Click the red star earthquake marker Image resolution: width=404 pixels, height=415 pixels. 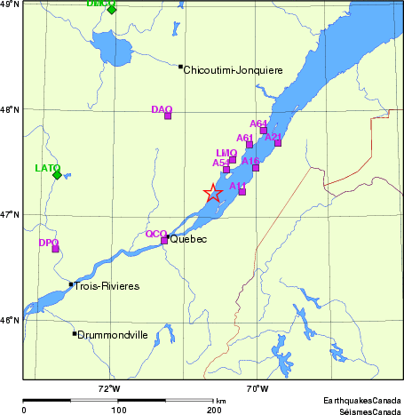point(213,194)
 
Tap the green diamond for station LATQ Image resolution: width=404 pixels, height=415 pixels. point(58,175)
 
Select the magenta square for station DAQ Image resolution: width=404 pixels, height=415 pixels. point(167,116)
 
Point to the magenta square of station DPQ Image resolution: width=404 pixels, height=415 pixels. point(55,249)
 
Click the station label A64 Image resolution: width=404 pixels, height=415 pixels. point(258,124)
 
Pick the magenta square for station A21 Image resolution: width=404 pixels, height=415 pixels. point(278,142)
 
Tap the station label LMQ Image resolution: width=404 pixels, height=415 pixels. point(226,153)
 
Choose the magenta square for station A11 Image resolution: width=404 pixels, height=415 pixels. point(242,192)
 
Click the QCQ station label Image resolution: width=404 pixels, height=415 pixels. point(155,234)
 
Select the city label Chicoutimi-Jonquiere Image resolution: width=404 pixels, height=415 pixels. point(233,69)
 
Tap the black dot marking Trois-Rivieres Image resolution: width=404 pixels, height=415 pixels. point(71,284)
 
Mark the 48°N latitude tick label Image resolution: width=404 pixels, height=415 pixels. point(9,109)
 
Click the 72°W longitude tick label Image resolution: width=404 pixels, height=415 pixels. point(109,388)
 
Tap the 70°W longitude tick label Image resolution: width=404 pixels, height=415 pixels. point(257,388)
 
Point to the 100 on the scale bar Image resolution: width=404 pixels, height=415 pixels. point(119,411)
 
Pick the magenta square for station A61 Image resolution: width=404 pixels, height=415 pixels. point(250,144)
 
